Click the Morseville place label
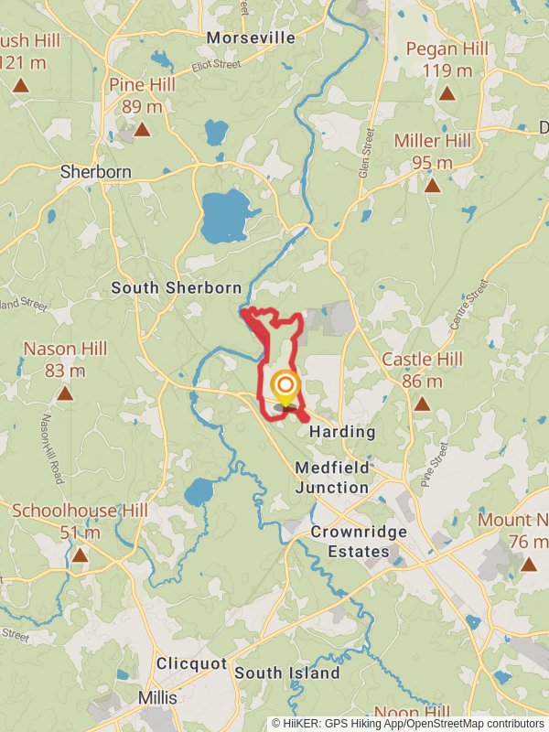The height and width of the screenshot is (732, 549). click(252, 38)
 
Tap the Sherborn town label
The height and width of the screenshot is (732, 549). click(95, 171)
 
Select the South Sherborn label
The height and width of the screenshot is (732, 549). click(176, 287)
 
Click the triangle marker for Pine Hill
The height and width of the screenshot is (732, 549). click(142, 130)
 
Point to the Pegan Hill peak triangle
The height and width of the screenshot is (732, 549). click(447, 93)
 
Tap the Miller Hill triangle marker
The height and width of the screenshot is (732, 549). click(432, 186)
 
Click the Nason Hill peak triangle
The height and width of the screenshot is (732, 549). click(65, 394)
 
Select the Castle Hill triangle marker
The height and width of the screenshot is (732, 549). click(421, 404)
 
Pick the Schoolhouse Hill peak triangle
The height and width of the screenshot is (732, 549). click(80, 555)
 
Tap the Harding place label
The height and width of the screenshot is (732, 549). click(342, 431)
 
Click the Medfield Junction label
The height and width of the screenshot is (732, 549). click(332, 477)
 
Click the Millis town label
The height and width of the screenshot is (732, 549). click(156, 697)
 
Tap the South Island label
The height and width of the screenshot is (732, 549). click(286, 673)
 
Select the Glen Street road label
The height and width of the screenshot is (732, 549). click(368, 152)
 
